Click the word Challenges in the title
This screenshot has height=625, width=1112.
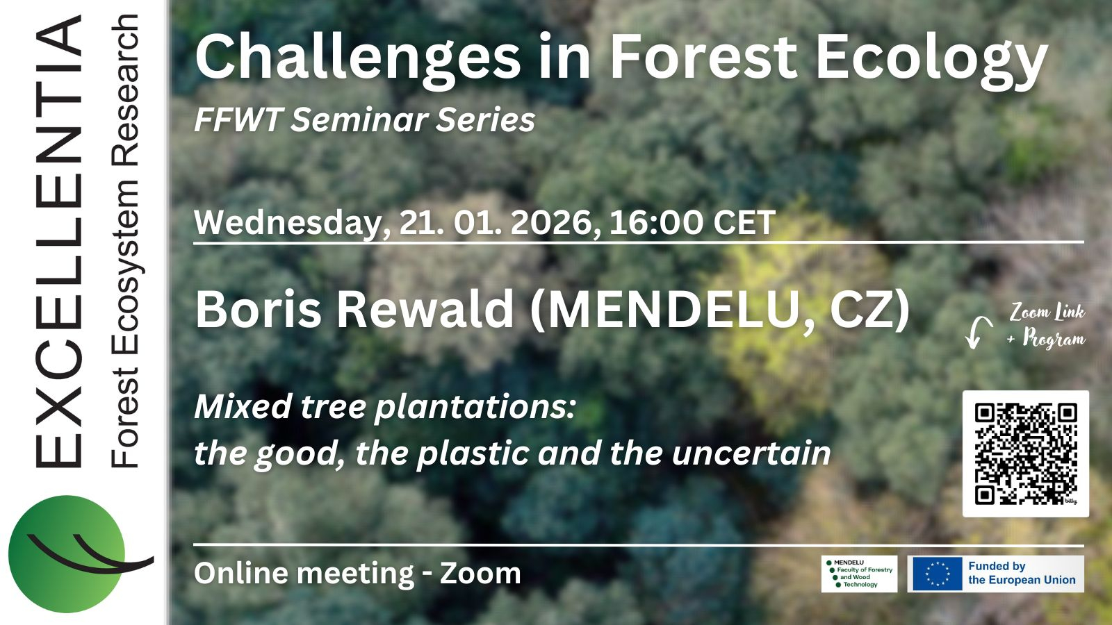click(358, 58)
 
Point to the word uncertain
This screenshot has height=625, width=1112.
click(751, 453)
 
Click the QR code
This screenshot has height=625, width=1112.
click(1026, 454)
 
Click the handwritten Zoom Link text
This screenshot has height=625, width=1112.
click(1047, 312)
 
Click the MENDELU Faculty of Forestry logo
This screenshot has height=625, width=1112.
click(859, 574)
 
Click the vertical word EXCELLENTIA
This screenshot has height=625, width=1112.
click(58, 240)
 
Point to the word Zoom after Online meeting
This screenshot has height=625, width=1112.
click(480, 573)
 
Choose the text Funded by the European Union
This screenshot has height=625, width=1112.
click(1022, 573)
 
